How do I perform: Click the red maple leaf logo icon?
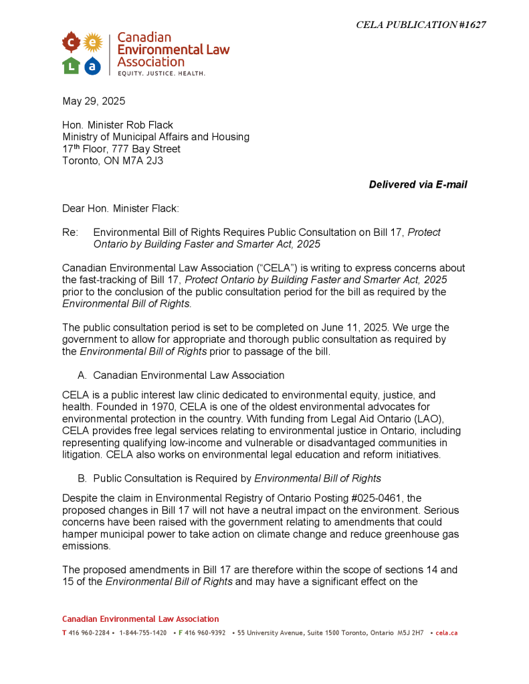point(71,43)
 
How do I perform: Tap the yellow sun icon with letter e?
point(92,43)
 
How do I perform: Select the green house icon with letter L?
point(71,65)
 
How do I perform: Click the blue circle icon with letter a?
point(92,65)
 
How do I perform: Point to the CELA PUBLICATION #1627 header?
point(421,25)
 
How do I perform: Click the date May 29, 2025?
point(94,102)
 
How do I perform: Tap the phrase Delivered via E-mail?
point(418,184)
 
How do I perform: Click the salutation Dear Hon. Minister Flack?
point(120,208)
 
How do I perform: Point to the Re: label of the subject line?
point(70,232)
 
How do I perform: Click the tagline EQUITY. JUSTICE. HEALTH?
point(161,73)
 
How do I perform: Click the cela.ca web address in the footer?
point(446,633)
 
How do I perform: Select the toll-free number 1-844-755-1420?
point(143,633)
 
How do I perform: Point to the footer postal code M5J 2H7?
point(410,633)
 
